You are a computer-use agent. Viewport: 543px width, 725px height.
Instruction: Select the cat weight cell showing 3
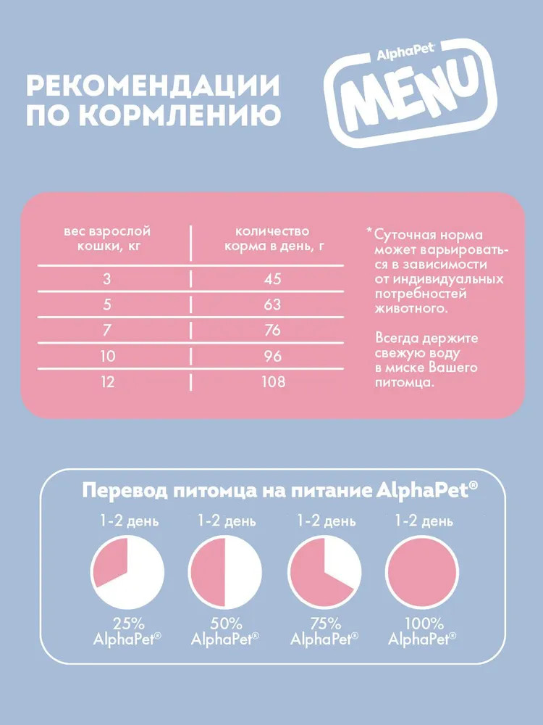107,279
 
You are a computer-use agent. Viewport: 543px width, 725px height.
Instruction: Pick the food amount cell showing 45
271,279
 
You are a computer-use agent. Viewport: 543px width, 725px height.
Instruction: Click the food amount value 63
271,304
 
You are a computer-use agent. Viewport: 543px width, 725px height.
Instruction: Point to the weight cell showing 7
107,330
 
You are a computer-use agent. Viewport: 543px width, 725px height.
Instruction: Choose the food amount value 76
271,330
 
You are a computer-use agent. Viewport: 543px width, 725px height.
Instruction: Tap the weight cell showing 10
107,356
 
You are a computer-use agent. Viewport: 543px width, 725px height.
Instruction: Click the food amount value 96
271,356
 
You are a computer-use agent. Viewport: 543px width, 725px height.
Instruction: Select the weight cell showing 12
107,381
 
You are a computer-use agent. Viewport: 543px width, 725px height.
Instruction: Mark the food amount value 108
271,381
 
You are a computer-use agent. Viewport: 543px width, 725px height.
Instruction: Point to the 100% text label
423,623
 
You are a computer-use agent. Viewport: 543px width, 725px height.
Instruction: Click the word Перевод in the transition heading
125,491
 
